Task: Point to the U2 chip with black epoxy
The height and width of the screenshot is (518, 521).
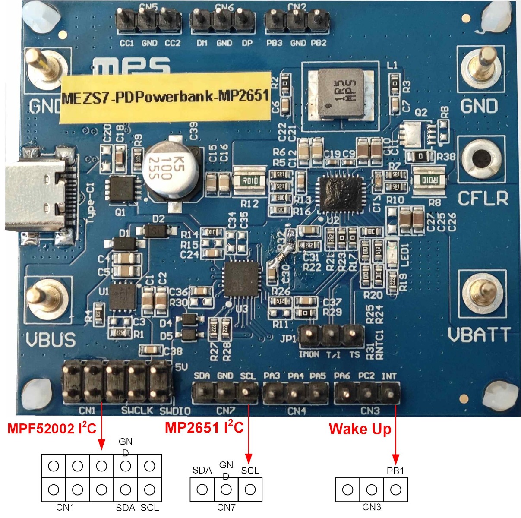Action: [339, 195]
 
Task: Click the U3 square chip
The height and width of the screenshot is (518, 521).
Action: [242, 279]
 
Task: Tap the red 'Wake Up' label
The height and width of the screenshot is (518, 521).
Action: [360, 429]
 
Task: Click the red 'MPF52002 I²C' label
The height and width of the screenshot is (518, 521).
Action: [52, 429]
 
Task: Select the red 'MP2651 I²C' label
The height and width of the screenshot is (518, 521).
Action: [204, 428]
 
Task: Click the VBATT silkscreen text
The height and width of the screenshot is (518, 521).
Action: [479, 335]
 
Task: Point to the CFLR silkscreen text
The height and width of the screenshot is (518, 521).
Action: [483, 199]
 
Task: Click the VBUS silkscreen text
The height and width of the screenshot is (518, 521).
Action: [51, 341]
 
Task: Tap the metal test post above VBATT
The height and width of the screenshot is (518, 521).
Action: [482, 293]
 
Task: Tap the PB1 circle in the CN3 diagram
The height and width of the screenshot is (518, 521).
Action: [395, 490]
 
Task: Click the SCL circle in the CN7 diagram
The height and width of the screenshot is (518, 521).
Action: [250, 490]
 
